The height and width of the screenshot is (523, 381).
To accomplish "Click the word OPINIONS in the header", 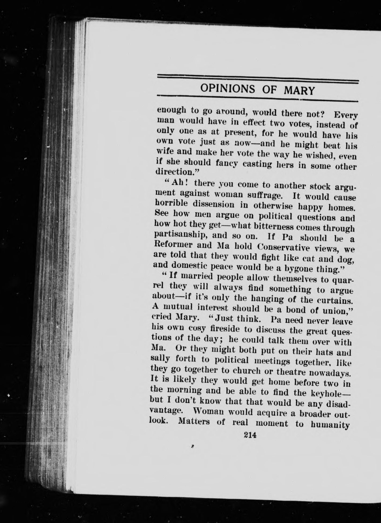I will coord(228,88).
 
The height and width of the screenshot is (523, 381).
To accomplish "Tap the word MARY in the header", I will coord(299,91).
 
